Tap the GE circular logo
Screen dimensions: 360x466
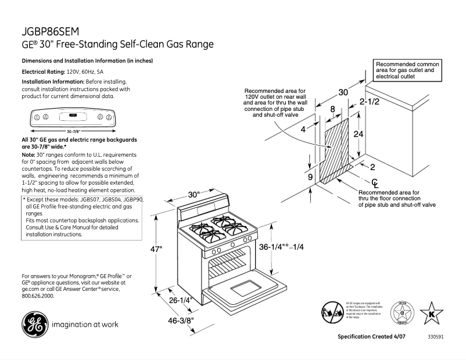tap(34, 325)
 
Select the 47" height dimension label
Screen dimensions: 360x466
tap(156, 249)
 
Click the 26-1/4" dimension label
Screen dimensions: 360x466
tap(181, 301)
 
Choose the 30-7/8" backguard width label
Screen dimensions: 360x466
tap(73, 132)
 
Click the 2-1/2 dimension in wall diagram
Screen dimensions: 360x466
tap(370, 102)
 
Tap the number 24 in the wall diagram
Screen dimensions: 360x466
tap(359, 133)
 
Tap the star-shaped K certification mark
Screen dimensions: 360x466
tap(431, 314)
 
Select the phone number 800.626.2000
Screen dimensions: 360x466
tap(38, 296)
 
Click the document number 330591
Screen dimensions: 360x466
tap(435, 337)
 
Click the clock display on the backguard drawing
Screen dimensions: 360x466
tap(73, 115)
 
